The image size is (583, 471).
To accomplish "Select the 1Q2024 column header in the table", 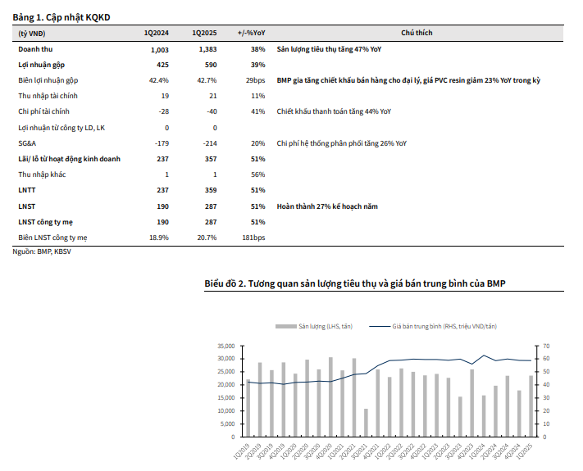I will (156, 33).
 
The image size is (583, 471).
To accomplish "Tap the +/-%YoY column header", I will (251, 33).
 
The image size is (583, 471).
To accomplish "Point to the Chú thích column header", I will (417, 33).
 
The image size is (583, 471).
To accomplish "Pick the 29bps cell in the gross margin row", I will (255, 81).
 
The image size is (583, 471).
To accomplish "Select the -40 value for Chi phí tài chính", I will (211, 112).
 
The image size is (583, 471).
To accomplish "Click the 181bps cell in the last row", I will (253, 238).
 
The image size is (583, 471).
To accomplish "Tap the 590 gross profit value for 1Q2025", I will (209, 66).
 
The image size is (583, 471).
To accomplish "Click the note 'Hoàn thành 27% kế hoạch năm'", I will (328, 206).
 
